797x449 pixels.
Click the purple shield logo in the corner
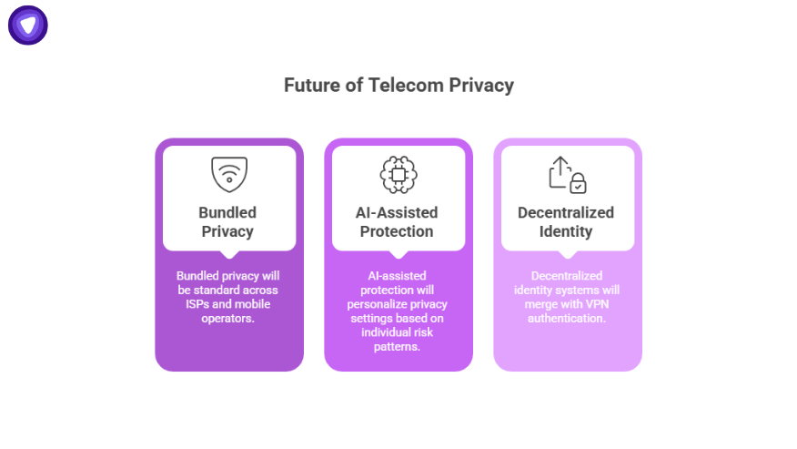click(x=28, y=26)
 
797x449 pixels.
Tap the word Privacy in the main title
click(x=480, y=86)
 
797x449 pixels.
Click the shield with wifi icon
click(x=229, y=174)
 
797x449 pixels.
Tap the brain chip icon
click(x=397, y=174)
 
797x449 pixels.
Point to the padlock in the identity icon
click(x=577, y=183)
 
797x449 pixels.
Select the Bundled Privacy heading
click(x=227, y=221)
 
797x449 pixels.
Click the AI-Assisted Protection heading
click(x=397, y=221)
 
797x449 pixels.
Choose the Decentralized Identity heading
click(x=566, y=221)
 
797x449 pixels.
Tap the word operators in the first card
click(x=228, y=318)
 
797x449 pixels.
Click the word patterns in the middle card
click(x=397, y=347)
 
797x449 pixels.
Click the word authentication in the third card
click(x=566, y=318)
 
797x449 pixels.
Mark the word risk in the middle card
click(x=421, y=332)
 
